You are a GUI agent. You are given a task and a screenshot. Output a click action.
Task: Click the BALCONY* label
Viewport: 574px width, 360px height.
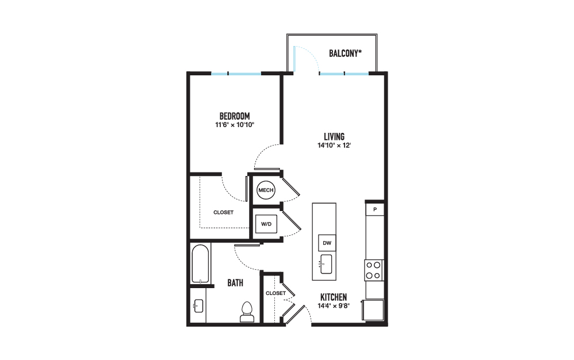click(x=345, y=53)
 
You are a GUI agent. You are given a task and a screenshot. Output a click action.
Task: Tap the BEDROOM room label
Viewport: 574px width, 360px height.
click(x=235, y=116)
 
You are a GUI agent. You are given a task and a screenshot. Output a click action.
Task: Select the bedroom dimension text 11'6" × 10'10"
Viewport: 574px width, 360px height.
click(x=235, y=125)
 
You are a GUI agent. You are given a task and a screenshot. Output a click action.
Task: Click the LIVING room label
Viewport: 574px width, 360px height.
click(x=334, y=136)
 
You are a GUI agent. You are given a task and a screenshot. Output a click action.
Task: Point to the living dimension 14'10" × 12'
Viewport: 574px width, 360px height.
click(x=334, y=145)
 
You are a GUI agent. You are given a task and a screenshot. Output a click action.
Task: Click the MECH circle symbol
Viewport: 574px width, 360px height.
click(x=266, y=190)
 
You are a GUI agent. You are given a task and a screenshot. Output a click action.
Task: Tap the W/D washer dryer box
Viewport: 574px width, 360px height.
click(x=266, y=224)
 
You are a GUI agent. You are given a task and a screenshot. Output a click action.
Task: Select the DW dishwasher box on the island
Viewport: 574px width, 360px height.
click(x=327, y=243)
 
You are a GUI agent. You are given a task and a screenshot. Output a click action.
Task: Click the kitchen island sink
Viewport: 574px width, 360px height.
click(x=326, y=264)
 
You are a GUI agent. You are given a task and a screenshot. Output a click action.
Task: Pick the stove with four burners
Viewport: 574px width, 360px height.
click(x=374, y=270)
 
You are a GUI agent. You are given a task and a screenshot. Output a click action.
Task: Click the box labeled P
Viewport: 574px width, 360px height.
click(x=375, y=210)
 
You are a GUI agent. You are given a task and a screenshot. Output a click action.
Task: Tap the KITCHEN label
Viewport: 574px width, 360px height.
click(x=334, y=297)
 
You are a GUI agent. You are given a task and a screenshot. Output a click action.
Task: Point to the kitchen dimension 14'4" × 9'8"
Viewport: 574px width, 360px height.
click(x=334, y=306)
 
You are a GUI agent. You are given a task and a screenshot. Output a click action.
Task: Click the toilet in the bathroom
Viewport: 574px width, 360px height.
click(x=247, y=312)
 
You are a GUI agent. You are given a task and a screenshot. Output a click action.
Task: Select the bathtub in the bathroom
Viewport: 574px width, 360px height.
click(x=200, y=264)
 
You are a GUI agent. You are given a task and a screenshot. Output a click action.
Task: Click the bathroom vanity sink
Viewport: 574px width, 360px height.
click(x=198, y=306)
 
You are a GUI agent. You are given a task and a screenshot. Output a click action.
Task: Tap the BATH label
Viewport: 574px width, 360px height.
click(x=235, y=283)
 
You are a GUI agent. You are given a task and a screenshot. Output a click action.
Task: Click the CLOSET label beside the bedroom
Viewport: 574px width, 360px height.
click(x=223, y=212)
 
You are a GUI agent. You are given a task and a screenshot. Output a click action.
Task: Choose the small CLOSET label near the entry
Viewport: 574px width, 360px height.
click(x=275, y=293)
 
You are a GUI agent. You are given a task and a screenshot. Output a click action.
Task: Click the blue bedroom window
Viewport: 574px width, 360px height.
click(x=236, y=74)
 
